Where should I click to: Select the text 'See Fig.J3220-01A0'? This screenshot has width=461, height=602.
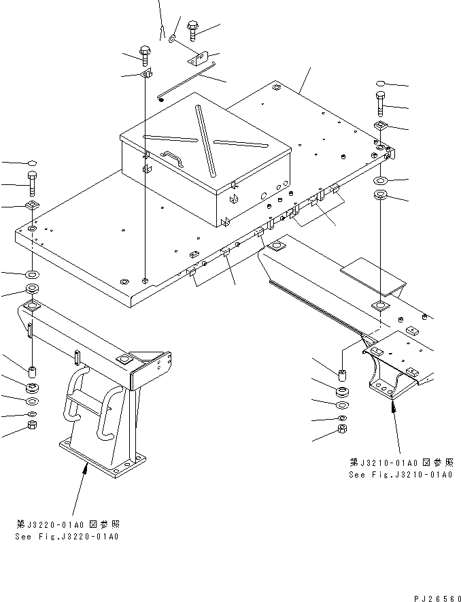(x=67, y=537)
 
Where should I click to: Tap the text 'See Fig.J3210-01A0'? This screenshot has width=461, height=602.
(x=400, y=474)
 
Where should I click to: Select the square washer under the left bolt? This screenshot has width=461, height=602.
(x=33, y=206)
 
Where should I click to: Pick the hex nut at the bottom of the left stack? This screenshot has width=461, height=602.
(x=32, y=426)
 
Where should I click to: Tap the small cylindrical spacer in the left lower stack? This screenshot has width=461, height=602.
(x=32, y=371)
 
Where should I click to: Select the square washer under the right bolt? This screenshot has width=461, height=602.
(x=381, y=127)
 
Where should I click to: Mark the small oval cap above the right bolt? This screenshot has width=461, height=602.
(x=381, y=84)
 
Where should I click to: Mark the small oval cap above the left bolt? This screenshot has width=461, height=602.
(x=33, y=163)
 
